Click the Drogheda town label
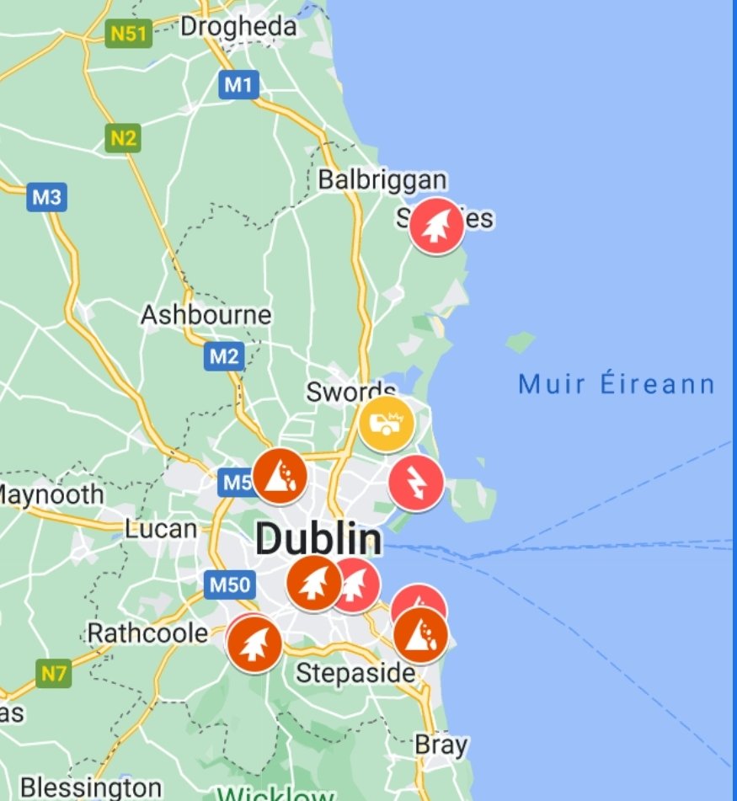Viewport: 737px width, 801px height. [x=238, y=26]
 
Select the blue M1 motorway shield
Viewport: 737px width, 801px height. [x=238, y=84]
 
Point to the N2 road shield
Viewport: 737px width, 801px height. [x=123, y=138]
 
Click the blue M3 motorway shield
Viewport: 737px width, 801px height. [x=46, y=198]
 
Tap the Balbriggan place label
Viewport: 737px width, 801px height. [x=382, y=179]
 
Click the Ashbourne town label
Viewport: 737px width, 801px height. [x=206, y=315]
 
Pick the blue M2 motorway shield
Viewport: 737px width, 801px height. [x=224, y=356]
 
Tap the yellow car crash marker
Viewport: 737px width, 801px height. [x=387, y=425]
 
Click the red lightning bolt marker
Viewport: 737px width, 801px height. [x=416, y=483]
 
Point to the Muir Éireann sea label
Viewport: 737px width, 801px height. [x=617, y=385]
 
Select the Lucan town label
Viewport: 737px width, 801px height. [x=160, y=530]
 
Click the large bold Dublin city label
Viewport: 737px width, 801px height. [x=318, y=538]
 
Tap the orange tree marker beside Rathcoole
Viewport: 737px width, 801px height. [x=254, y=644]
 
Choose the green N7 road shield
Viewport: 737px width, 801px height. [x=54, y=673]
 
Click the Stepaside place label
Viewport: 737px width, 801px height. [x=355, y=673]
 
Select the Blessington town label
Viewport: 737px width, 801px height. [x=78, y=788]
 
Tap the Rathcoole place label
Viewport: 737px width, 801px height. [x=147, y=633]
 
